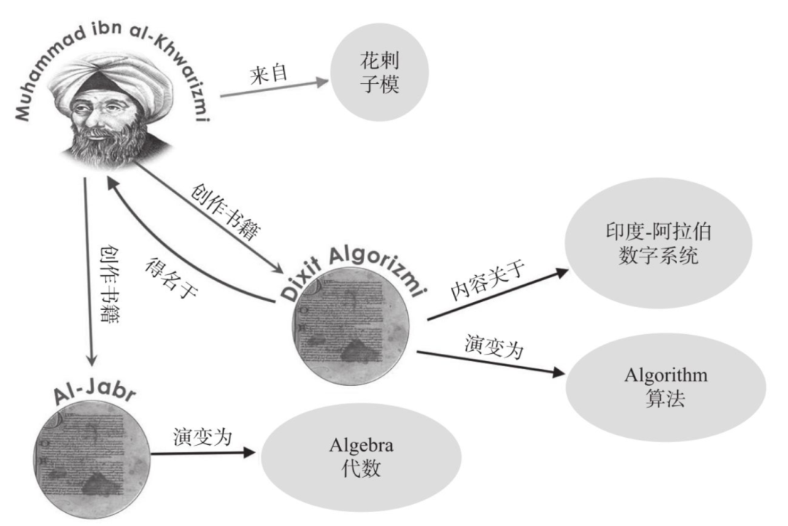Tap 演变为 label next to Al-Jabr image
click(203, 437)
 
